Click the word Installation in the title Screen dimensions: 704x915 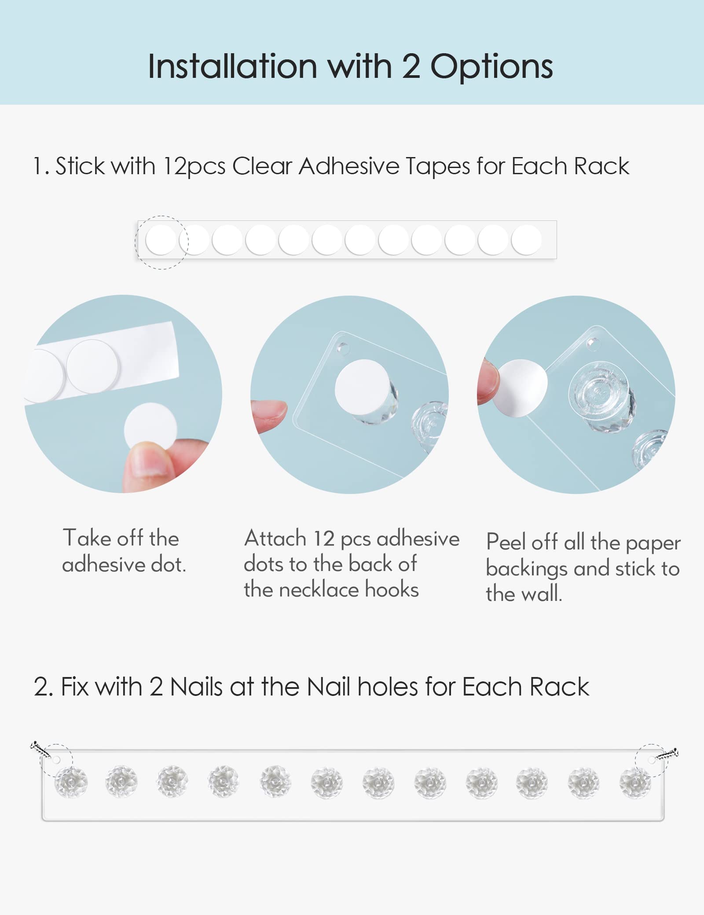[232, 66]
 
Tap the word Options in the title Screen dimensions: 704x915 [491, 67]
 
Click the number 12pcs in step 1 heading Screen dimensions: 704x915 [194, 167]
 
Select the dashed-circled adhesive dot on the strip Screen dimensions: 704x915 [161, 240]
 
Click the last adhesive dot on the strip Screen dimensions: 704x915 [526, 240]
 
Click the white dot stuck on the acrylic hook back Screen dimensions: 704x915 [362, 387]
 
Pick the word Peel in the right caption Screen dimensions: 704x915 [506, 542]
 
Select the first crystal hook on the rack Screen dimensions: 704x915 [71, 782]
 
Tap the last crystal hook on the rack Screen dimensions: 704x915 [635, 782]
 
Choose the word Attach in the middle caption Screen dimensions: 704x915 [275, 538]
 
